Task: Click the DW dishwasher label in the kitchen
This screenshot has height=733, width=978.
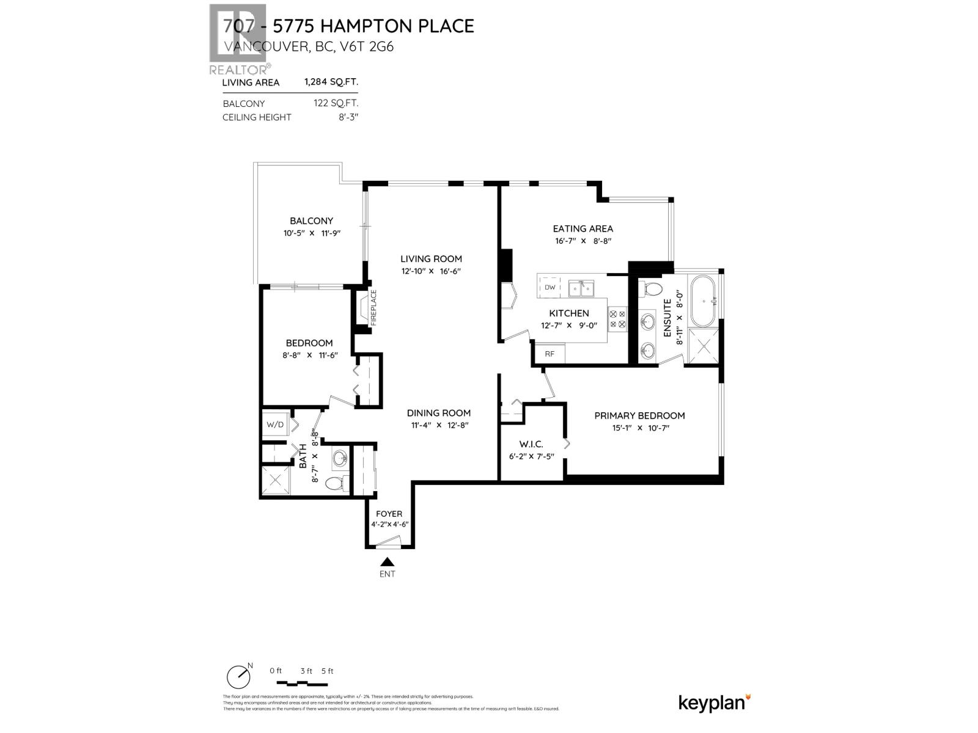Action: click(550, 287)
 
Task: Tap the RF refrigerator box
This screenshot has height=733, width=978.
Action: click(550, 354)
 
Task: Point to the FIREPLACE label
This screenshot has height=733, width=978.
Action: click(373, 307)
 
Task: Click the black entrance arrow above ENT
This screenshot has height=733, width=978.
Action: click(387, 562)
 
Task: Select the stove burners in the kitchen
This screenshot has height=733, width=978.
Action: click(617, 319)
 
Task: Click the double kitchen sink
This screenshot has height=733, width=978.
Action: click(581, 288)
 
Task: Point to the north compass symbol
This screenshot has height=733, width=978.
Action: click(238, 676)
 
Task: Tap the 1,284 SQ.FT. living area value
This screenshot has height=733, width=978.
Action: click(331, 82)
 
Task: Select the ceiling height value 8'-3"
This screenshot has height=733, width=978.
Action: click(348, 117)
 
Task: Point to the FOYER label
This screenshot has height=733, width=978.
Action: click(389, 514)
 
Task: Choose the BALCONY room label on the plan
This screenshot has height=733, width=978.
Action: click(311, 221)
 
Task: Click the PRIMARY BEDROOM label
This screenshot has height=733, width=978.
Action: click(639, 415)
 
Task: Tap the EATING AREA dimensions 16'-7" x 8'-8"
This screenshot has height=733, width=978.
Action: click(583, 241)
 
